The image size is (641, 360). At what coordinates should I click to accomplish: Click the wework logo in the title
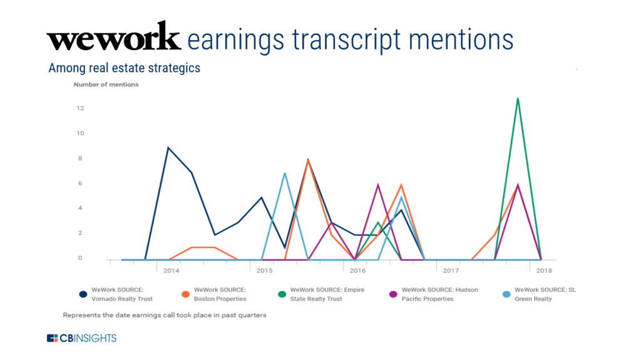tap(114, 36)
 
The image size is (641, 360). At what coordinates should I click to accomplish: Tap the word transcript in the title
tap(347, 40)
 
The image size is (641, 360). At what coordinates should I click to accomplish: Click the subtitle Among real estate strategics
tap(125, 68)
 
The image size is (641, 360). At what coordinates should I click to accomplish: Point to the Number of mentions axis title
tap(106, 85)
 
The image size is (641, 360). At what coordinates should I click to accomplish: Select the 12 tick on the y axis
tap(80, 108)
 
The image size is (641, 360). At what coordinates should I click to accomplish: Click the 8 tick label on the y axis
tap(80, 158)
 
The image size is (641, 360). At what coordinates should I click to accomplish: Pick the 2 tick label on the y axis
tap(80, 233)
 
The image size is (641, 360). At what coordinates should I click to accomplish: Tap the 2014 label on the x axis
tap(172, 271)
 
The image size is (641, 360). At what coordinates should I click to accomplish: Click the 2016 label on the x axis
tap(357, 271)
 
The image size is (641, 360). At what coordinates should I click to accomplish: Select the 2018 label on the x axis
tap(544, 271)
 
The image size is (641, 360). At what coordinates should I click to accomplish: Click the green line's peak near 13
tap(518, 98)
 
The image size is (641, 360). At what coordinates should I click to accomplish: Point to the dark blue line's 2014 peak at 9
tap(168, 148)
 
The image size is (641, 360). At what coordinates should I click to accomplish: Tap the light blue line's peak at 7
tap(285, 173)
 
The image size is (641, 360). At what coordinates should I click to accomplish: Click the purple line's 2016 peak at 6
tap(377, 185)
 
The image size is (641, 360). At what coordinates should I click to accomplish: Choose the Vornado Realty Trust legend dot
tap(83, 294)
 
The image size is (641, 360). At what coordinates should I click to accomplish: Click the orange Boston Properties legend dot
tap(185, 294)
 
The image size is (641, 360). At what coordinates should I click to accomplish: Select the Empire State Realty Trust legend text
tap(327, 294)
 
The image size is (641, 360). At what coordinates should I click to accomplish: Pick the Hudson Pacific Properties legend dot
tap(393, 294)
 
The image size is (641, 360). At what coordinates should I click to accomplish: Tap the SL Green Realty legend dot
tap(506, 294)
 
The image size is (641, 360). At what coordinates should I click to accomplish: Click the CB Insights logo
tap(82, 338)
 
